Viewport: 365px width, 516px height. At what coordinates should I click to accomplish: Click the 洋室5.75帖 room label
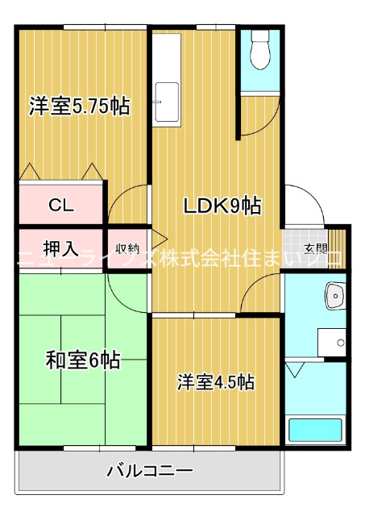[80, 106]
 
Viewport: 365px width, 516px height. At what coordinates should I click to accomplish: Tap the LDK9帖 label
[222, 206]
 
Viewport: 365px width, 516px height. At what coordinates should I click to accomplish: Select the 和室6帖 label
[83, 360]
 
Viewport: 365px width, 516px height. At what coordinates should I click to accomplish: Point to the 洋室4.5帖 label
[216, 381]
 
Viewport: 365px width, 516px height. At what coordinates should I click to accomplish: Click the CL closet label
[61, 206]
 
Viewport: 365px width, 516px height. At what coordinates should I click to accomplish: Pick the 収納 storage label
[128, 249]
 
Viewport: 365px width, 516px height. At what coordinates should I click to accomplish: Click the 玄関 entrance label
[315, 249]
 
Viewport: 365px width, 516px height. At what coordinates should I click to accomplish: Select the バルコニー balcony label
[150, 471]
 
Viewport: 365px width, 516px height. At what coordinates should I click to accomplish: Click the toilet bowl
[259, 50]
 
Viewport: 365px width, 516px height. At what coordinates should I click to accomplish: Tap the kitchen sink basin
[167, 102]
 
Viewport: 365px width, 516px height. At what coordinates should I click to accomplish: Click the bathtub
[315, 430]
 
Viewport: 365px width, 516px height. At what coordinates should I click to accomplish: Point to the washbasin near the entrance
[334, 296]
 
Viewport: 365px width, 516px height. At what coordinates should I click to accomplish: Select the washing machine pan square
[331, 342]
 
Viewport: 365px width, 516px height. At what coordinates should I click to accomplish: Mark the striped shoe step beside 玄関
[337, 248]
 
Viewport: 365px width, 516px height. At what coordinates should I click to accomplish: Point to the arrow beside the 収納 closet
[160, 239]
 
